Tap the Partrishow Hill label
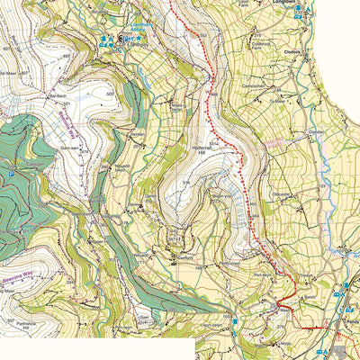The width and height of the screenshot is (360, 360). pos(16,323)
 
